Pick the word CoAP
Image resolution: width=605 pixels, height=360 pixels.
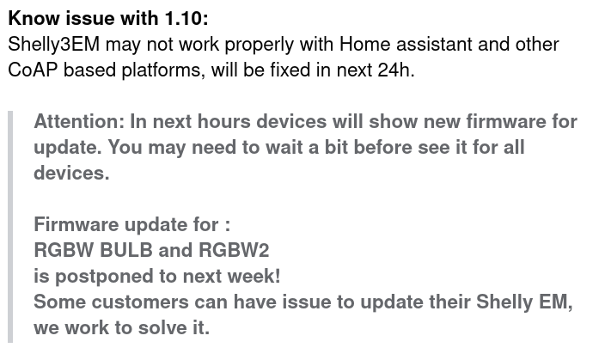click(x=33, y=70)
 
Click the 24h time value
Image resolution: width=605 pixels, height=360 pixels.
click(x=395, y=70)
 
